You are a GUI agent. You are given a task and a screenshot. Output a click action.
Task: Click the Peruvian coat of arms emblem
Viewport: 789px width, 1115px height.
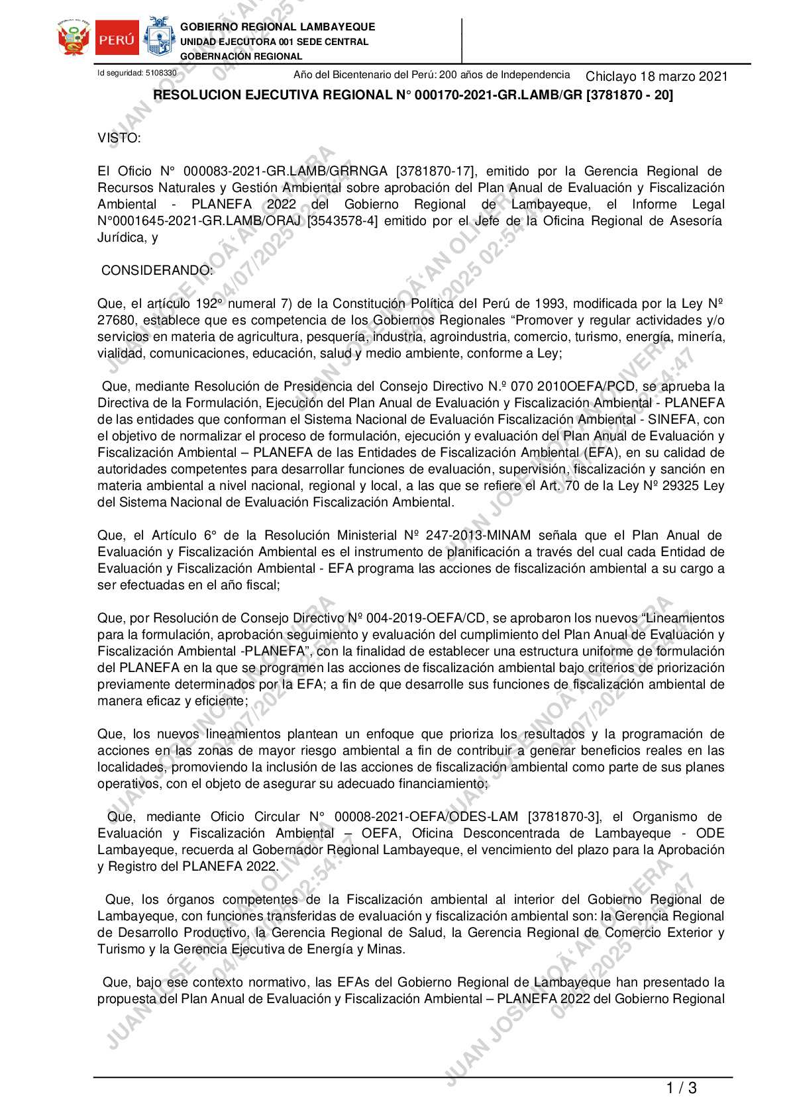click(x=74, y=38)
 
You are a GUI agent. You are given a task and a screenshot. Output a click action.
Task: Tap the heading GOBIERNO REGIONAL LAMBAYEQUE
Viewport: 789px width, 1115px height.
click(x=278, y=27)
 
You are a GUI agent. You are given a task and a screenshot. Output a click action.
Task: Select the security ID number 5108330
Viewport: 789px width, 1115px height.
click(x=161, y=73)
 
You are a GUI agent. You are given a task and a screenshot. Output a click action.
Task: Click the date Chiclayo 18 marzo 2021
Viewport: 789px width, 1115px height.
click(x=656, y=76)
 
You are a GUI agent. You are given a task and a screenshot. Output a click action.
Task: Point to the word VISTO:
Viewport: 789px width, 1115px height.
click(x=119, y=138)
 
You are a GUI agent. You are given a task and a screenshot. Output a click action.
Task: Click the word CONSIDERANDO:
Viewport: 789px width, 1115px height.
click(x=157, y=271)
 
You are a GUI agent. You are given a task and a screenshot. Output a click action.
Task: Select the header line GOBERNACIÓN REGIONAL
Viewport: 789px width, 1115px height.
click(x=241, y=56)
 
